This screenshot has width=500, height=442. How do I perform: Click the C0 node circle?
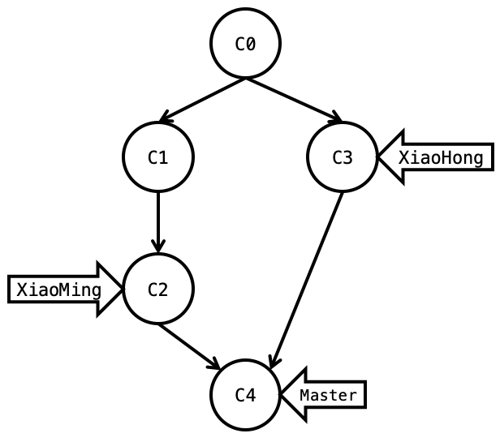pos(245,44)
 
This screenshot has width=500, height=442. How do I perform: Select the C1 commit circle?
pos(157,157)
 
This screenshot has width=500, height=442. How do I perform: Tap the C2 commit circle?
pos(157,289)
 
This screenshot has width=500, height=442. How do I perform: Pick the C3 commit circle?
pos(343,157)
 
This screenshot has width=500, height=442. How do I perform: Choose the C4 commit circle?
pos(245,395)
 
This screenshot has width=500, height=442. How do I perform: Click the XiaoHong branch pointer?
pos(438,157)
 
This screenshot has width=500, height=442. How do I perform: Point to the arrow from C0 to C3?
pos(292,100)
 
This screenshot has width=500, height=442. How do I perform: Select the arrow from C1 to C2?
pos(157,221)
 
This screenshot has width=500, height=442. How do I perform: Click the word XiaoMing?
pos(58,290)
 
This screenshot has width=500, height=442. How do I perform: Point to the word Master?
pos(328,395)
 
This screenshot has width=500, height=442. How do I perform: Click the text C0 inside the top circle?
pos(245,45)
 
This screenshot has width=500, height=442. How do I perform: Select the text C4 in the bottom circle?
pos(245,395)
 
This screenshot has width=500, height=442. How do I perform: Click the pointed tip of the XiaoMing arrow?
pos(122,289)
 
